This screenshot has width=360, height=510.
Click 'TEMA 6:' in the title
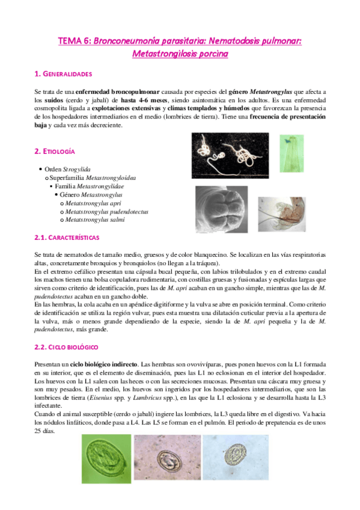[x=75, y=41]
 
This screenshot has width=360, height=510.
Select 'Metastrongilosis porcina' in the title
[x=180, y=54]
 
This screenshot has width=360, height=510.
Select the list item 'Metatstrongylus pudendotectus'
[x=106, y=212]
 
